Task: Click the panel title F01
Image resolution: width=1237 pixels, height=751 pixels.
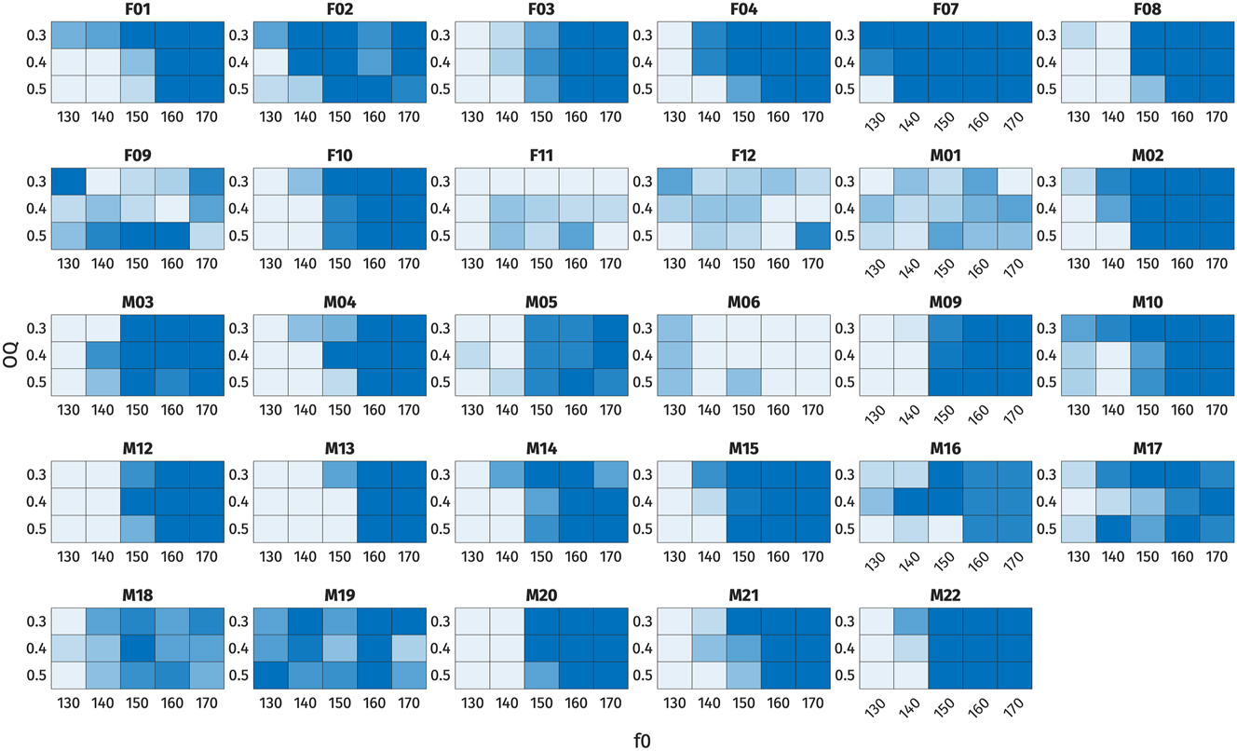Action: [x=138, y=12]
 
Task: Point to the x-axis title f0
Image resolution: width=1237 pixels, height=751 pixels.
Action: [x=642, y=740]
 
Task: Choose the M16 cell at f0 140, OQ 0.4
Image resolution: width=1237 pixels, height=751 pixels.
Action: [x=908, y=501]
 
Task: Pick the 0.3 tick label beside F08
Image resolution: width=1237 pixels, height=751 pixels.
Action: [x=1047, y=36]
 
